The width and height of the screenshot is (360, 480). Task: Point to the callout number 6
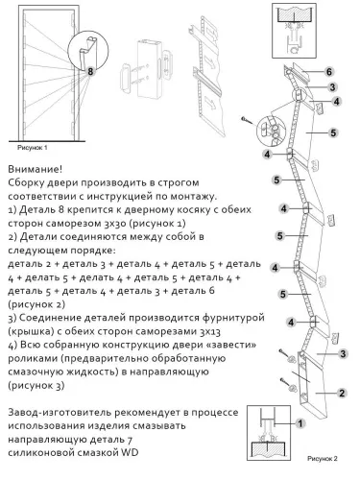pyautogui.click(x=329, y=72)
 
